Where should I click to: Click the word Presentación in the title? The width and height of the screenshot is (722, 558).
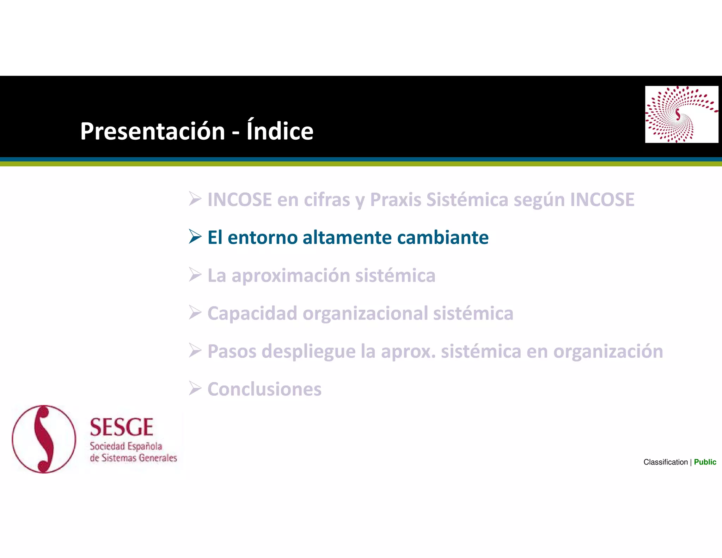click(152, 132)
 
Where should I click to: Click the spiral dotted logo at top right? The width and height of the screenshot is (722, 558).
click(681, 114)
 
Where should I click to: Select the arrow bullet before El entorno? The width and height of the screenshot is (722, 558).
click(195, 236)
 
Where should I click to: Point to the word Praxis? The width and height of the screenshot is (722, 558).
click(396, 200)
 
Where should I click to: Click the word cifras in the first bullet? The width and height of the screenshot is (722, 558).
click(327, 200)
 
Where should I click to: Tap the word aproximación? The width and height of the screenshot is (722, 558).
click(290, 276)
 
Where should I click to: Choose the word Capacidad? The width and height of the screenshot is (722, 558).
click(252, 314)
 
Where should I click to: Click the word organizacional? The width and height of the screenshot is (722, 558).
click(365, 314)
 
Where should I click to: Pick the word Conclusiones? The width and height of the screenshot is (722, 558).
click(264, 389)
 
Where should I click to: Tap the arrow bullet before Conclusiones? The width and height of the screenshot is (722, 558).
click(195, 388)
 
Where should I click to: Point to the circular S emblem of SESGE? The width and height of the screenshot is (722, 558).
click(44, 439)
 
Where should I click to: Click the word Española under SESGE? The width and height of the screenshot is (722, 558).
click(145, 447)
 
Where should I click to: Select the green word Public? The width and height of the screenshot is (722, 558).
click(705, 462)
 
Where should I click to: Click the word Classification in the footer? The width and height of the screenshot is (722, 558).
click(665, 462)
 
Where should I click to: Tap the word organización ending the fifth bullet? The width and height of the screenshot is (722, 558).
click(608, 352)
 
